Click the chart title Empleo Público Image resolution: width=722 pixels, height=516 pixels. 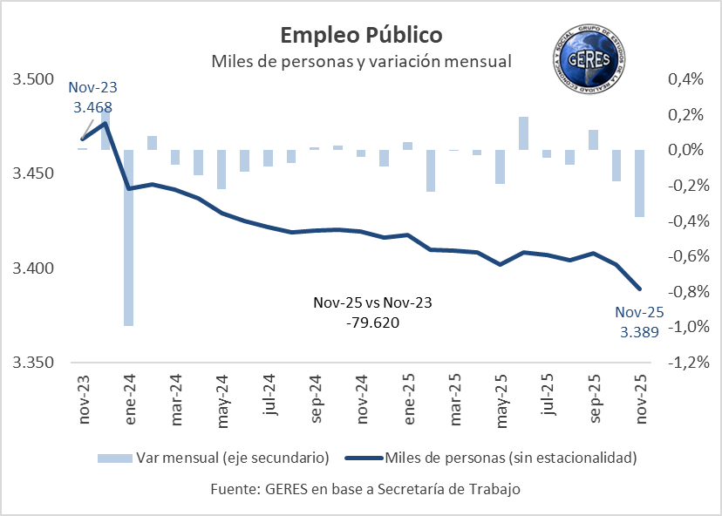click(x=360, y=35)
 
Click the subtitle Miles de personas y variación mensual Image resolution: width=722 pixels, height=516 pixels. click(x=360, y=62)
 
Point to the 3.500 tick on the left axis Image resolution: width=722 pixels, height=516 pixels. click(x=33, y=80)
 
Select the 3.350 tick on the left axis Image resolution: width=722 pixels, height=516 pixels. click(x=33, y=363)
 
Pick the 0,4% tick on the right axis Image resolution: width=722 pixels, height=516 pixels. click(x=685, y=80)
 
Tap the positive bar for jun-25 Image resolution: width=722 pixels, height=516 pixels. click(x=523, y=133)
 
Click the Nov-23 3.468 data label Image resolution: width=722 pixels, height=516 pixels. click(x=92, y=98)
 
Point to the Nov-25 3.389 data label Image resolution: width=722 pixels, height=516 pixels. click(x=639, y=322)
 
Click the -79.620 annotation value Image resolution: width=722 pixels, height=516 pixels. click(x=372, y=322)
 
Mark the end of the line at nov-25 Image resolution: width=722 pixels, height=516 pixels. click(x=640, y=289)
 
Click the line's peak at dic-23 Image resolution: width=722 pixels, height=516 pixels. click(x=106, y=123)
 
